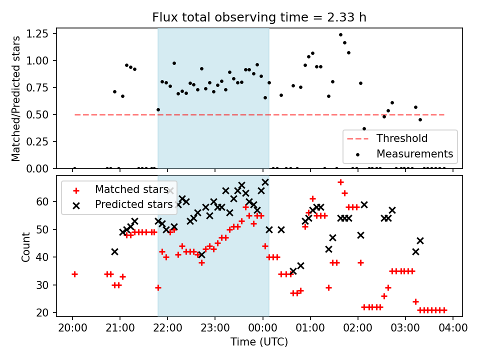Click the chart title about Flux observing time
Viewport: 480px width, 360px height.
(x=259, y=17)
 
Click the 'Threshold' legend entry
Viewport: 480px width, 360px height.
(x=401, y=138)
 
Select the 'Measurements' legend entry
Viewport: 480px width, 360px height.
(x=414, y=153)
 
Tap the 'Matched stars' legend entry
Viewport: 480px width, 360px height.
(x=131, y=189)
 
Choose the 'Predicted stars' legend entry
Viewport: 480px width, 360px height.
(x=134, y=204)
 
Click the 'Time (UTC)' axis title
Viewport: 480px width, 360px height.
(x=259, y=342)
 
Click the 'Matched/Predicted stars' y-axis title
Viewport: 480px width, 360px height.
(x=16, y=98)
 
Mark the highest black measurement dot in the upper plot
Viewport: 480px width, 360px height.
(x=340, y=35)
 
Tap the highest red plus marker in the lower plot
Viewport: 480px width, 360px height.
(x=340, y=182)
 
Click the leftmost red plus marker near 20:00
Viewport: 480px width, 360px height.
(x=74, y=274)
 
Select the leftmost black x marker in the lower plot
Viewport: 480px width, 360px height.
(x=114, y=251)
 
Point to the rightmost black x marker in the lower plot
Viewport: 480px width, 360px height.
(x=420, y=240)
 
